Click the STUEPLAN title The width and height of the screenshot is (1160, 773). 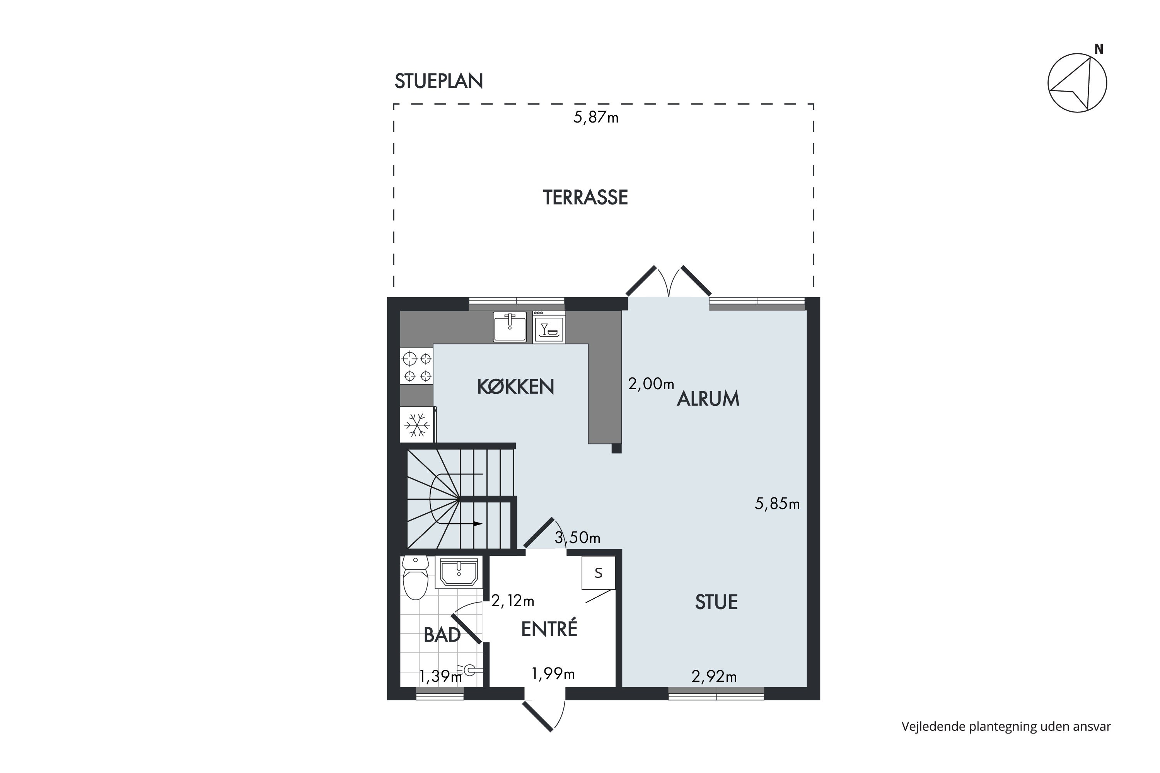pos(438,81)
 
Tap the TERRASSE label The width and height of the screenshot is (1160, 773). pos(585,198)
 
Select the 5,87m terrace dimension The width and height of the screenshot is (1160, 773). pos(596,118)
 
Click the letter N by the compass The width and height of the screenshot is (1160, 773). pos(1099,49)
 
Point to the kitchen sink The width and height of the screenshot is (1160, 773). pos(510,326)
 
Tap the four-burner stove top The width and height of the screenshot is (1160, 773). pos(416,366)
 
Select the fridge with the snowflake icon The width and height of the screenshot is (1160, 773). pos(417,424)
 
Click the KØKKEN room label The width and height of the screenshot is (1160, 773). pos(515,387)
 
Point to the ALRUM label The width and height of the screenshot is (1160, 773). pos(708,399)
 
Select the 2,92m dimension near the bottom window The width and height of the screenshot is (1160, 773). pos(714,677)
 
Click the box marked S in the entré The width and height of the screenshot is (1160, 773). pos(598,573)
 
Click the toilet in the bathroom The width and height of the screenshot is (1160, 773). pos(415,577)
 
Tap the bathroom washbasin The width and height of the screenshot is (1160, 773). pos(459,573)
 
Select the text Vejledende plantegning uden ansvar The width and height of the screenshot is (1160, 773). pos(1006,727)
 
